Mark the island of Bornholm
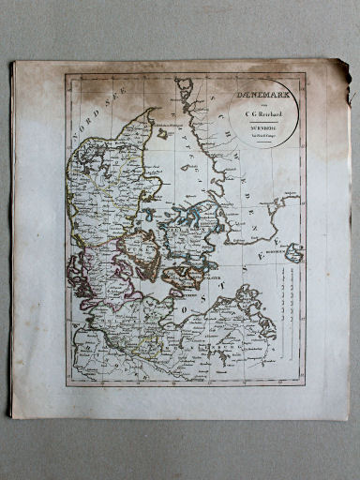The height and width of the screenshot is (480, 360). pos(294,252)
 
